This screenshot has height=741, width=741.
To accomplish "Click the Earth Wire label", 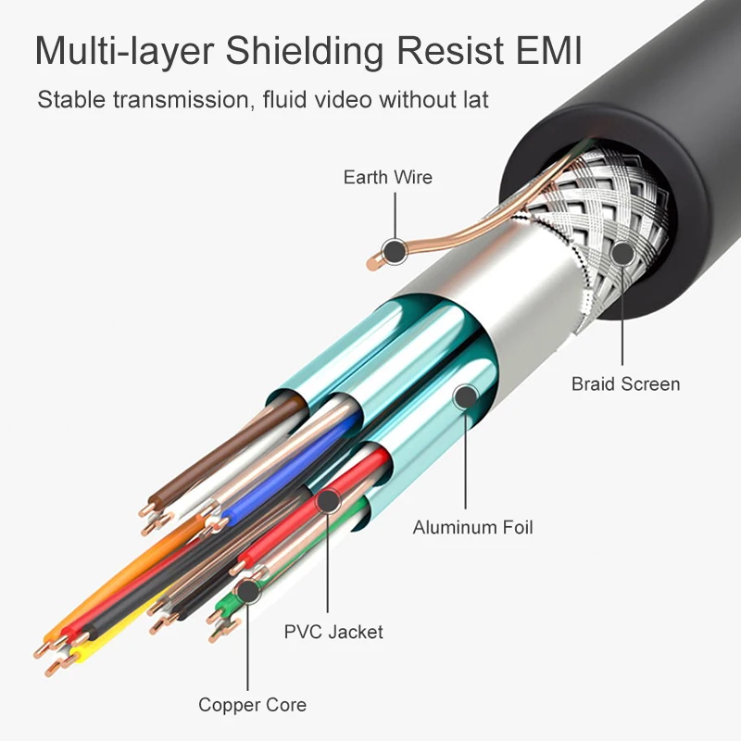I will tap(387, 177).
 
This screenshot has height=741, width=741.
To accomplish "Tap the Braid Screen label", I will tap(625, 383).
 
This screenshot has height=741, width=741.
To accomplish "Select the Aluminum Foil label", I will tap(472, 528).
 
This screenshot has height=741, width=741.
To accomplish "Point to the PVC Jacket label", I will tap(333, 633).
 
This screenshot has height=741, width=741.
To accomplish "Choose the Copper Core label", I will tap(252, 706).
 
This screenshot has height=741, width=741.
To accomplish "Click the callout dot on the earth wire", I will tap(395, 249).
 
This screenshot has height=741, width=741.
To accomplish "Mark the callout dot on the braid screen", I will tap(622, 254).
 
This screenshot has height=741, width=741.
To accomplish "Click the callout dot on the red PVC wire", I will tap(327, 502).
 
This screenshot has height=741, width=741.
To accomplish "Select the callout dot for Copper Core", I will tap(247, 590).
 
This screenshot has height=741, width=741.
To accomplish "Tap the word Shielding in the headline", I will tap(320, 53).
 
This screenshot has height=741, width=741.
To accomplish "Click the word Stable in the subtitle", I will tap(69, 99).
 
